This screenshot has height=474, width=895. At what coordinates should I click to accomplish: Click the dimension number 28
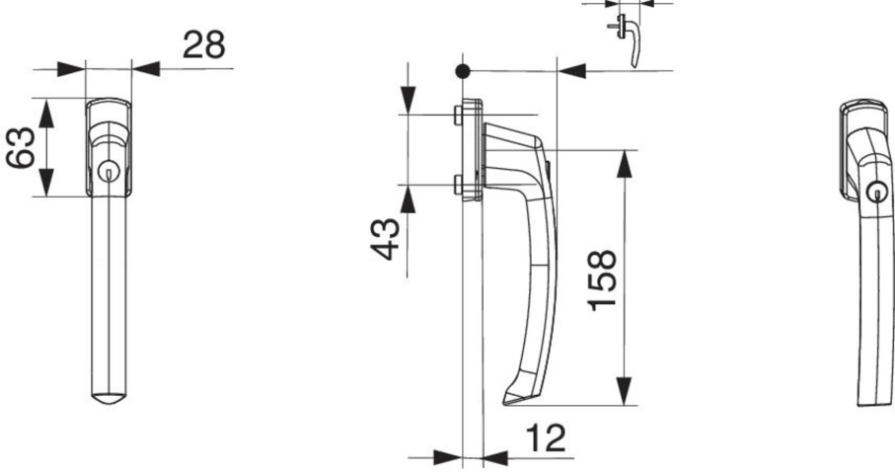click(x=204, y=44)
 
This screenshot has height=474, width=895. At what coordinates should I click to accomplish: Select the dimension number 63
click(x=21, y=147)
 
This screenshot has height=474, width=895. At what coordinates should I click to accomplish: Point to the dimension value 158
click(x=603, y=279)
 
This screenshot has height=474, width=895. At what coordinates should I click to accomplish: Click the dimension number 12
click(x=545, y=438)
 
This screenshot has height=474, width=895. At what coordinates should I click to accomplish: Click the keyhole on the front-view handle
click(x=109, y=171)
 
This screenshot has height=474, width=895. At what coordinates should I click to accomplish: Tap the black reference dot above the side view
click(x=463, y=71)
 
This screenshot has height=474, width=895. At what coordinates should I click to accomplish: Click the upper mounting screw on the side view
click(x=458, y=115)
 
